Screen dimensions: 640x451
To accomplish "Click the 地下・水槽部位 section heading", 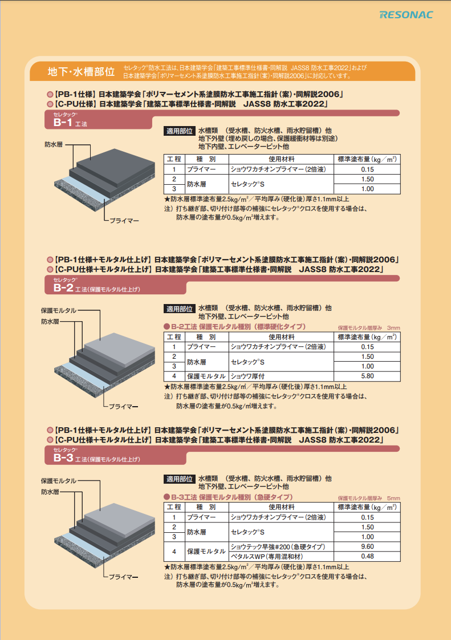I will pyautogui.click(x=80, y=72).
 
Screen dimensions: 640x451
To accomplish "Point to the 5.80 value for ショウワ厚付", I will pyautogui.click(x=367, y=376).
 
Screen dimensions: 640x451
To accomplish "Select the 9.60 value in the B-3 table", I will pyautogui.click(x=367, y=546).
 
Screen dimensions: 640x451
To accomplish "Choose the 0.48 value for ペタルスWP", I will pyautogui.click(x=367, y=556).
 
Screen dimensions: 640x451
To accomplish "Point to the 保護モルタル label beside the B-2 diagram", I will pyautogui.click(x=59, y=310).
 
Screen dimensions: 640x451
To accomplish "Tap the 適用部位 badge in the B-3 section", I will pyautogui.click(x=180, y=479).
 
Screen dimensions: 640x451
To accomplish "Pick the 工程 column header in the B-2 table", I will pyautogui.click(x=174, y=337).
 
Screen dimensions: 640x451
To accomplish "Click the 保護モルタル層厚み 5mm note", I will pyautogui.click(x=368, y=497).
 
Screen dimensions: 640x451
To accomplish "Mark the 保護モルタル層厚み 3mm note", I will pyautogui.click(x=368, y=328).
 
